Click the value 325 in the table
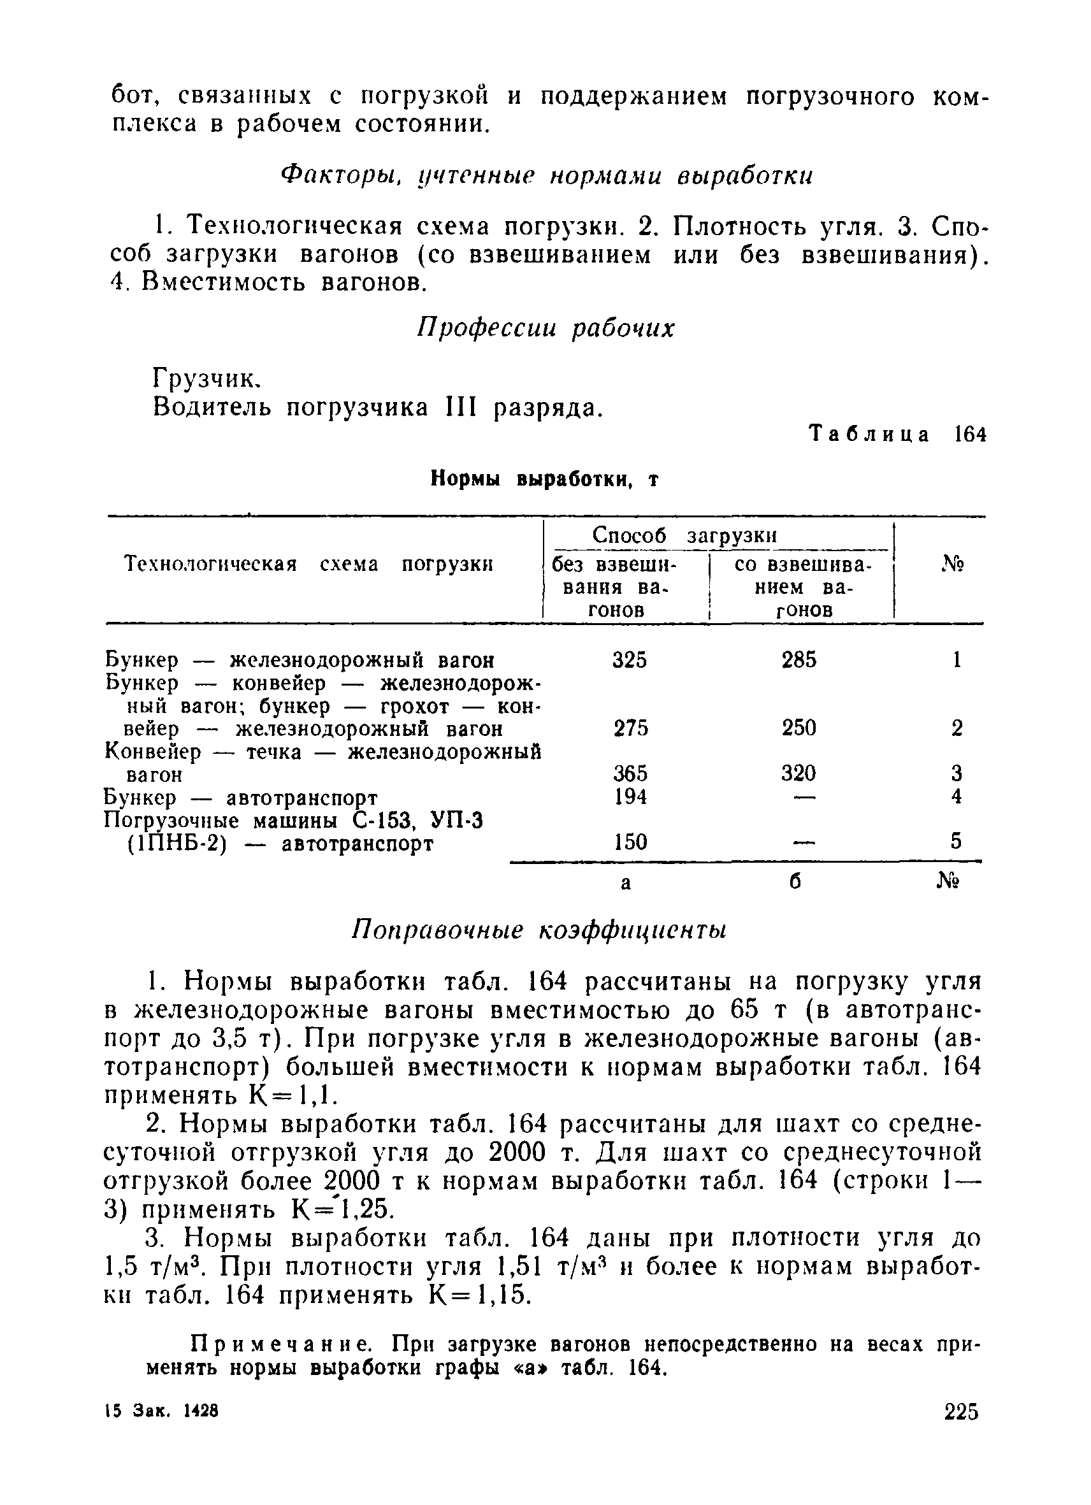point(629,659)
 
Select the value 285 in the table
point(799,659)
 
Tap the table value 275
point(630,728)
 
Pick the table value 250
point(798,728)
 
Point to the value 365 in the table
point(630,773)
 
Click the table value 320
point(798,773)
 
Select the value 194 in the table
point(630,796)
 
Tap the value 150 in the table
point(630,842)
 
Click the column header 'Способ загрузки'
point(684,535)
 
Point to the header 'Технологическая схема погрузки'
point(309,565)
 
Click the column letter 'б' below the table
point(796,881)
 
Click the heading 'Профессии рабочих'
point(545,328)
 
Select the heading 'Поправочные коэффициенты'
point(539,930)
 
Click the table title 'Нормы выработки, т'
point(545,479)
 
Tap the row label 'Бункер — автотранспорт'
point(242,797)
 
